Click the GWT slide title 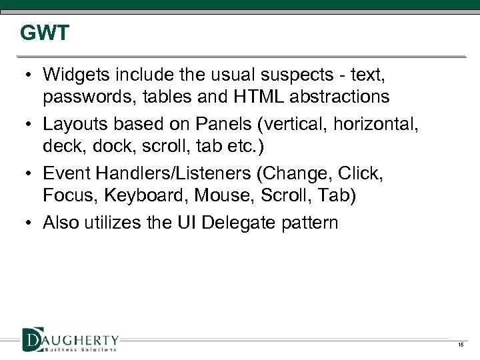pyautogui.click(x=44, y=33)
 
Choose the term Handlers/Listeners pyautogui.click(x=174, y=174)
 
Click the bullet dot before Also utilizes pyautogui.click(x=28, y=223)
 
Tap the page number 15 pyautogui.click(x=460, y=345)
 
